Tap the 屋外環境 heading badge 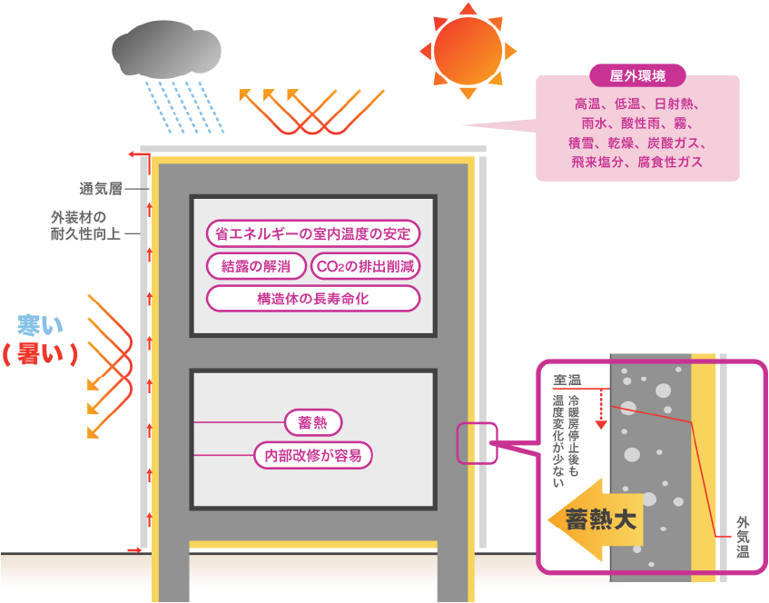pyautogui.click(x=638, y=76)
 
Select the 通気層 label pyautogui.click(x=101, y=189)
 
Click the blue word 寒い pyautogui.click(x=43, y=324)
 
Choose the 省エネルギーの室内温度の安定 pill pyautogui.click(x=313, y=233)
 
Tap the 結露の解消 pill pyautogui.click(x=255, y=266)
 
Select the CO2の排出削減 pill pyautogui.click(x=366, y=266)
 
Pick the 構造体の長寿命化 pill pyautogui.click(x=313, y=298)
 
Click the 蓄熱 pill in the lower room pyautogui.click(x=313, y=422)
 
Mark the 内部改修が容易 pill pyautogui.click(x=313, y=455)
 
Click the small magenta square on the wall pyautogui.click(x=477, y=443)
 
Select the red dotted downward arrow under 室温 pyautogui.click(x=600, y=408)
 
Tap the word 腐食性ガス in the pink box pyautogui.click(x=670, y=162)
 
